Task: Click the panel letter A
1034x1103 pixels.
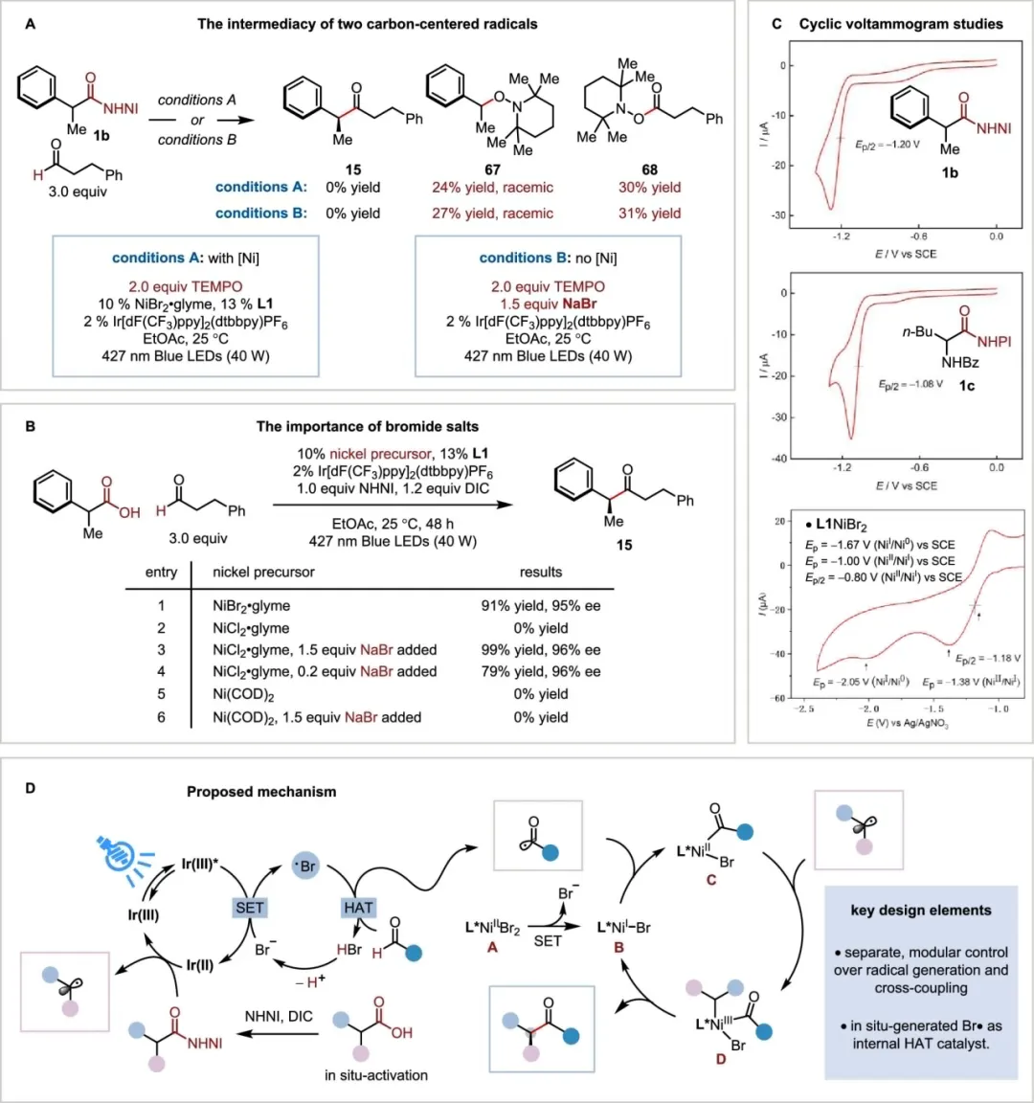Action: tap(31, 23)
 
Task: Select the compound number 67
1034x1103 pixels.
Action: tap(492, 169)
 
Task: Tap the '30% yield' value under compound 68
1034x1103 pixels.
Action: tap(649, 188)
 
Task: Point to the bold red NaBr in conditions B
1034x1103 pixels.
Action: tap(576, 304)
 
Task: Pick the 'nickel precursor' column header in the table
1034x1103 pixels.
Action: tap(263, 572)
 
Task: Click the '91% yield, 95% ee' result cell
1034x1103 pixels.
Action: tap(541, 605)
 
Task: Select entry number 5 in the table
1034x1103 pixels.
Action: tap(161, 694)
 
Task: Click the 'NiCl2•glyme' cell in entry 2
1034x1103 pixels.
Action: tap(251, 628)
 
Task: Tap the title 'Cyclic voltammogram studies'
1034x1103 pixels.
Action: tap(901, 24)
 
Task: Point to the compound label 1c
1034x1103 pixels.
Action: tap(968, 385)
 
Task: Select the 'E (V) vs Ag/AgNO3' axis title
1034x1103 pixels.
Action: tap(908, 723)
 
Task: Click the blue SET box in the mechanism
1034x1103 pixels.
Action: tap(249, 908)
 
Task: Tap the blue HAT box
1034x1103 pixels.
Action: tap(357, 908)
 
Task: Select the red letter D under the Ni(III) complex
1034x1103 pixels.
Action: tap(720, 1059)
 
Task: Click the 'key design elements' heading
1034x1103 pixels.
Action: tap(921, 911)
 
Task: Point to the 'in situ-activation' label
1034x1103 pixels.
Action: tap(376, 1075)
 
